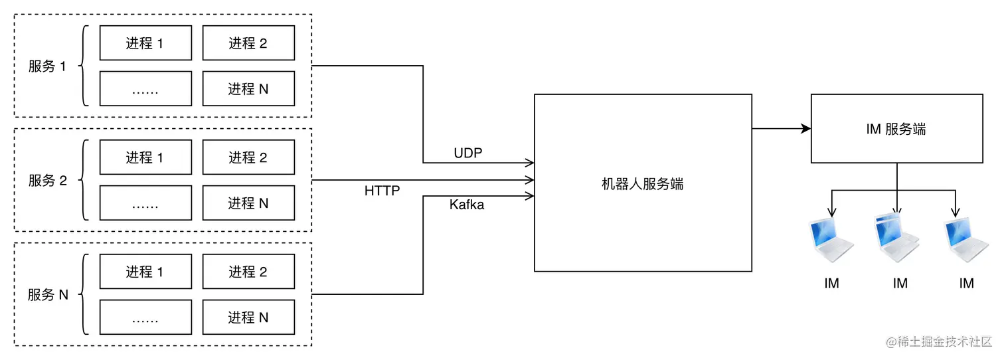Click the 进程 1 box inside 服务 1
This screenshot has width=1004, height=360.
click(x=145, y=43)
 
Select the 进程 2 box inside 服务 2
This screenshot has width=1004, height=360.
click(x=248, y=157)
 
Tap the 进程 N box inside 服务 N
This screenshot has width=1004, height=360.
click(x=248, y=317)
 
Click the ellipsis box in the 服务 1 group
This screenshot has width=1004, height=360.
click(x=145, y=89)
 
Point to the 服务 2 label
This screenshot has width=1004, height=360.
click(x=48, y=180)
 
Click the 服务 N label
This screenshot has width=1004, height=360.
click(x=48, y=295)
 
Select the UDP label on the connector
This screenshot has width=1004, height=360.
click(x=468, y=153)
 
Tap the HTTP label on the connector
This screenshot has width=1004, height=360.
click(x=382, y=191)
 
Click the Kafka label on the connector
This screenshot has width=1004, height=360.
click(x=467, y=205)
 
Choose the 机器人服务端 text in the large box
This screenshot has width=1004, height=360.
click(x=643, y=184)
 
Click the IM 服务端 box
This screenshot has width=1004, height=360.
click(x=896, y=129)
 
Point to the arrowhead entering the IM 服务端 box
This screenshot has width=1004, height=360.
click(x=806, y=129)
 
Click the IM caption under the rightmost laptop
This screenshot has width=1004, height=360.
click(x=967, y=284)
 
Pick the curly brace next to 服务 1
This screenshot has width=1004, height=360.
click(x=84, y=66)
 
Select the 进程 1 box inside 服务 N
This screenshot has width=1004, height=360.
click(x=145, y=272)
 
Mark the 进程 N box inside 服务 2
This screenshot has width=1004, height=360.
click(x=248, y=203)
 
